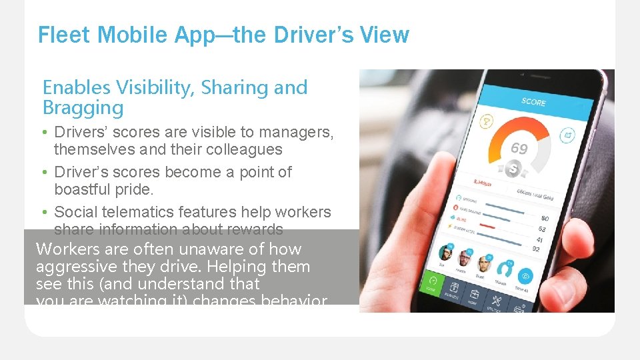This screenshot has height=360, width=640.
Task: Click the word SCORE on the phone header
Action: click(533, 102)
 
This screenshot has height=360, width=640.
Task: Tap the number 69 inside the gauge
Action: click(519, 149)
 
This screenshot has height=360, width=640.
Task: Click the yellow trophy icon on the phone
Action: click(486, 122)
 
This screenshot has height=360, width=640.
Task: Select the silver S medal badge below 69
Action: click(513, 169)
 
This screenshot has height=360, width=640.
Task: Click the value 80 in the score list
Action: click(545, 218)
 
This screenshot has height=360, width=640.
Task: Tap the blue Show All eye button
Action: click(526, 276)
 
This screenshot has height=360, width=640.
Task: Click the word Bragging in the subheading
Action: click(83, 108)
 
